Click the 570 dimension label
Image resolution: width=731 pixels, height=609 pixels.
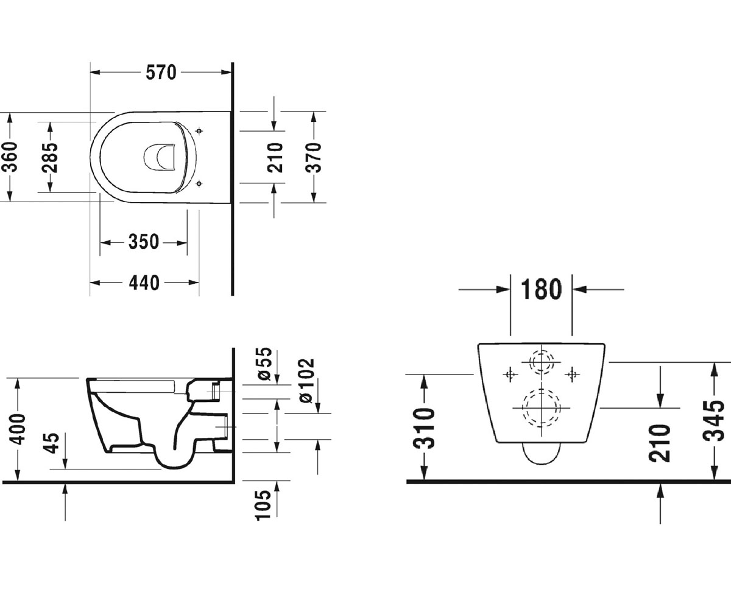[161, 72]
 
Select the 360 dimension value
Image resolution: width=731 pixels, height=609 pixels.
[10, 157]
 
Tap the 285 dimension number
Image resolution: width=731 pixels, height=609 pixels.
[50, 158]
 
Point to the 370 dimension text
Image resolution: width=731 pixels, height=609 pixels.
[313, 158]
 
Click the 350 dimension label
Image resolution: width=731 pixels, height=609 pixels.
[144, 242]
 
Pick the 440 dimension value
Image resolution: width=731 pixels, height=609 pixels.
[144, 283]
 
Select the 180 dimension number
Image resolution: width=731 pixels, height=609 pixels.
[542, 289]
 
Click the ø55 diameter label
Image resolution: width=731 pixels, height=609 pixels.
[264, 364]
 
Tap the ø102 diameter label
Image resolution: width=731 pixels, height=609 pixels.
[306, 381]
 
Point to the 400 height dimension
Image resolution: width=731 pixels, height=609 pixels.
[18, 429]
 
